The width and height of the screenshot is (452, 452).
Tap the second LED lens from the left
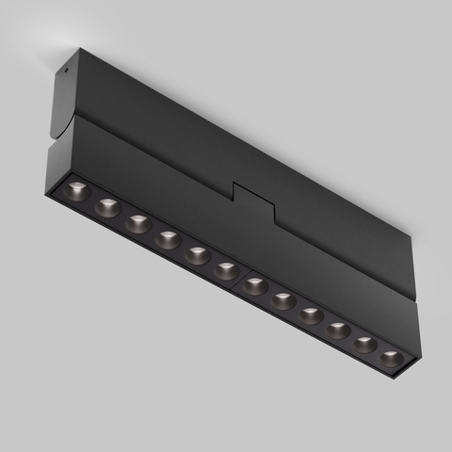click(x=108, y=207)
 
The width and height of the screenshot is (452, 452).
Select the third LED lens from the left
click(x=138, y=223)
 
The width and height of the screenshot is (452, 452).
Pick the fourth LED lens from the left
click(x=168, y=239)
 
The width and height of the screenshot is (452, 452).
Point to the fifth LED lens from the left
click(x=198, y=255)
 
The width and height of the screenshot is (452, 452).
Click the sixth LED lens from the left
click(x=227, y=271)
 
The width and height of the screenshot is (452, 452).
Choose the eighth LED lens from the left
click(x=283, y=301)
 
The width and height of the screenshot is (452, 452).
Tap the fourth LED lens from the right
click(x=312, y=315)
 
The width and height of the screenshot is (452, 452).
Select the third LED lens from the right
click(x=339, y=331)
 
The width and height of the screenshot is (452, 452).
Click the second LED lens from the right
click(x=365, y=346)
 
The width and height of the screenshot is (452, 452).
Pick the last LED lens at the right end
click(x=391, y=359)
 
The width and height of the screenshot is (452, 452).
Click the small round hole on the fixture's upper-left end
click(x=66, y=68)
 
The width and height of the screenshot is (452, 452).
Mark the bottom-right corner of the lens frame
click(x=410, y=377)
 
